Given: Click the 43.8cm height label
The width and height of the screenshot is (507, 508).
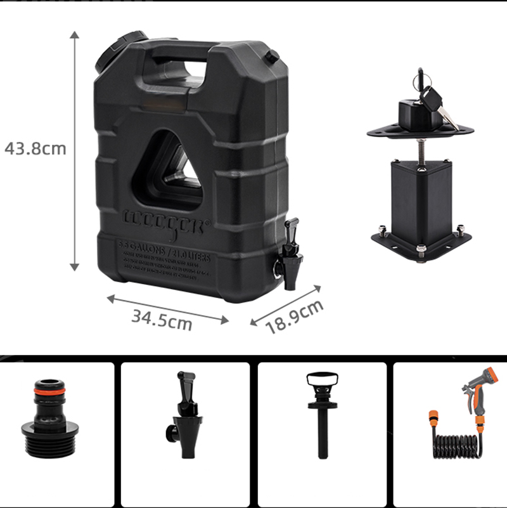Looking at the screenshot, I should pos(35,148).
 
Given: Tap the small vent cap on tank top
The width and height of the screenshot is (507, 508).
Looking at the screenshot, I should pos(272,58).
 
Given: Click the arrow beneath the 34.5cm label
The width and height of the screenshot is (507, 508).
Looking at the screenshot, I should pos(167,309).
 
